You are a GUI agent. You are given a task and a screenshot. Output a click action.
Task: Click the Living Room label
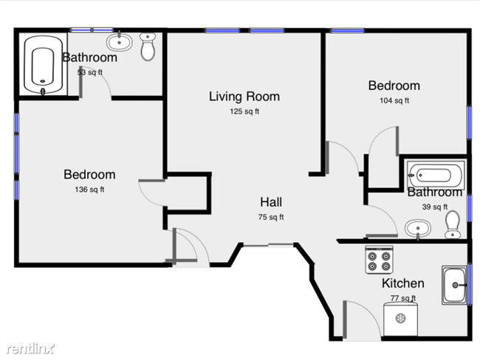[244, 97]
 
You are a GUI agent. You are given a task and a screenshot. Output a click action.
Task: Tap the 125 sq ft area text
[244, 112]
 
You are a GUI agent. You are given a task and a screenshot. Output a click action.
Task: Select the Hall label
[270, 202]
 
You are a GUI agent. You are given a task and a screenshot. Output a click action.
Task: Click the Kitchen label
[402, 283]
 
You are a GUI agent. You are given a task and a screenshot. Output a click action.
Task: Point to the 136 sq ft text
[89, 190]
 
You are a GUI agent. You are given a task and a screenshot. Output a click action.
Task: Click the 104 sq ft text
[394, 101]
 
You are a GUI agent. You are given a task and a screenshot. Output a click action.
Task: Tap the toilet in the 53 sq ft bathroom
[148, 47]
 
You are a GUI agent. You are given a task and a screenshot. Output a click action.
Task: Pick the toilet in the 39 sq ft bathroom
[453, 224]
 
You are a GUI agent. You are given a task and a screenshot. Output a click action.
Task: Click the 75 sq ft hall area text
[270, 217]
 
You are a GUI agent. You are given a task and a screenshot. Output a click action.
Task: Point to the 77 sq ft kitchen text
[402, 298]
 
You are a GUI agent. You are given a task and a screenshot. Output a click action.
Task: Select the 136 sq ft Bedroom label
[89, 175]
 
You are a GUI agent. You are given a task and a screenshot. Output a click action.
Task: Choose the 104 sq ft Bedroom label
[394, 86]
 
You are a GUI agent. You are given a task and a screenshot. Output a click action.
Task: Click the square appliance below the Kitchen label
[401, 319]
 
